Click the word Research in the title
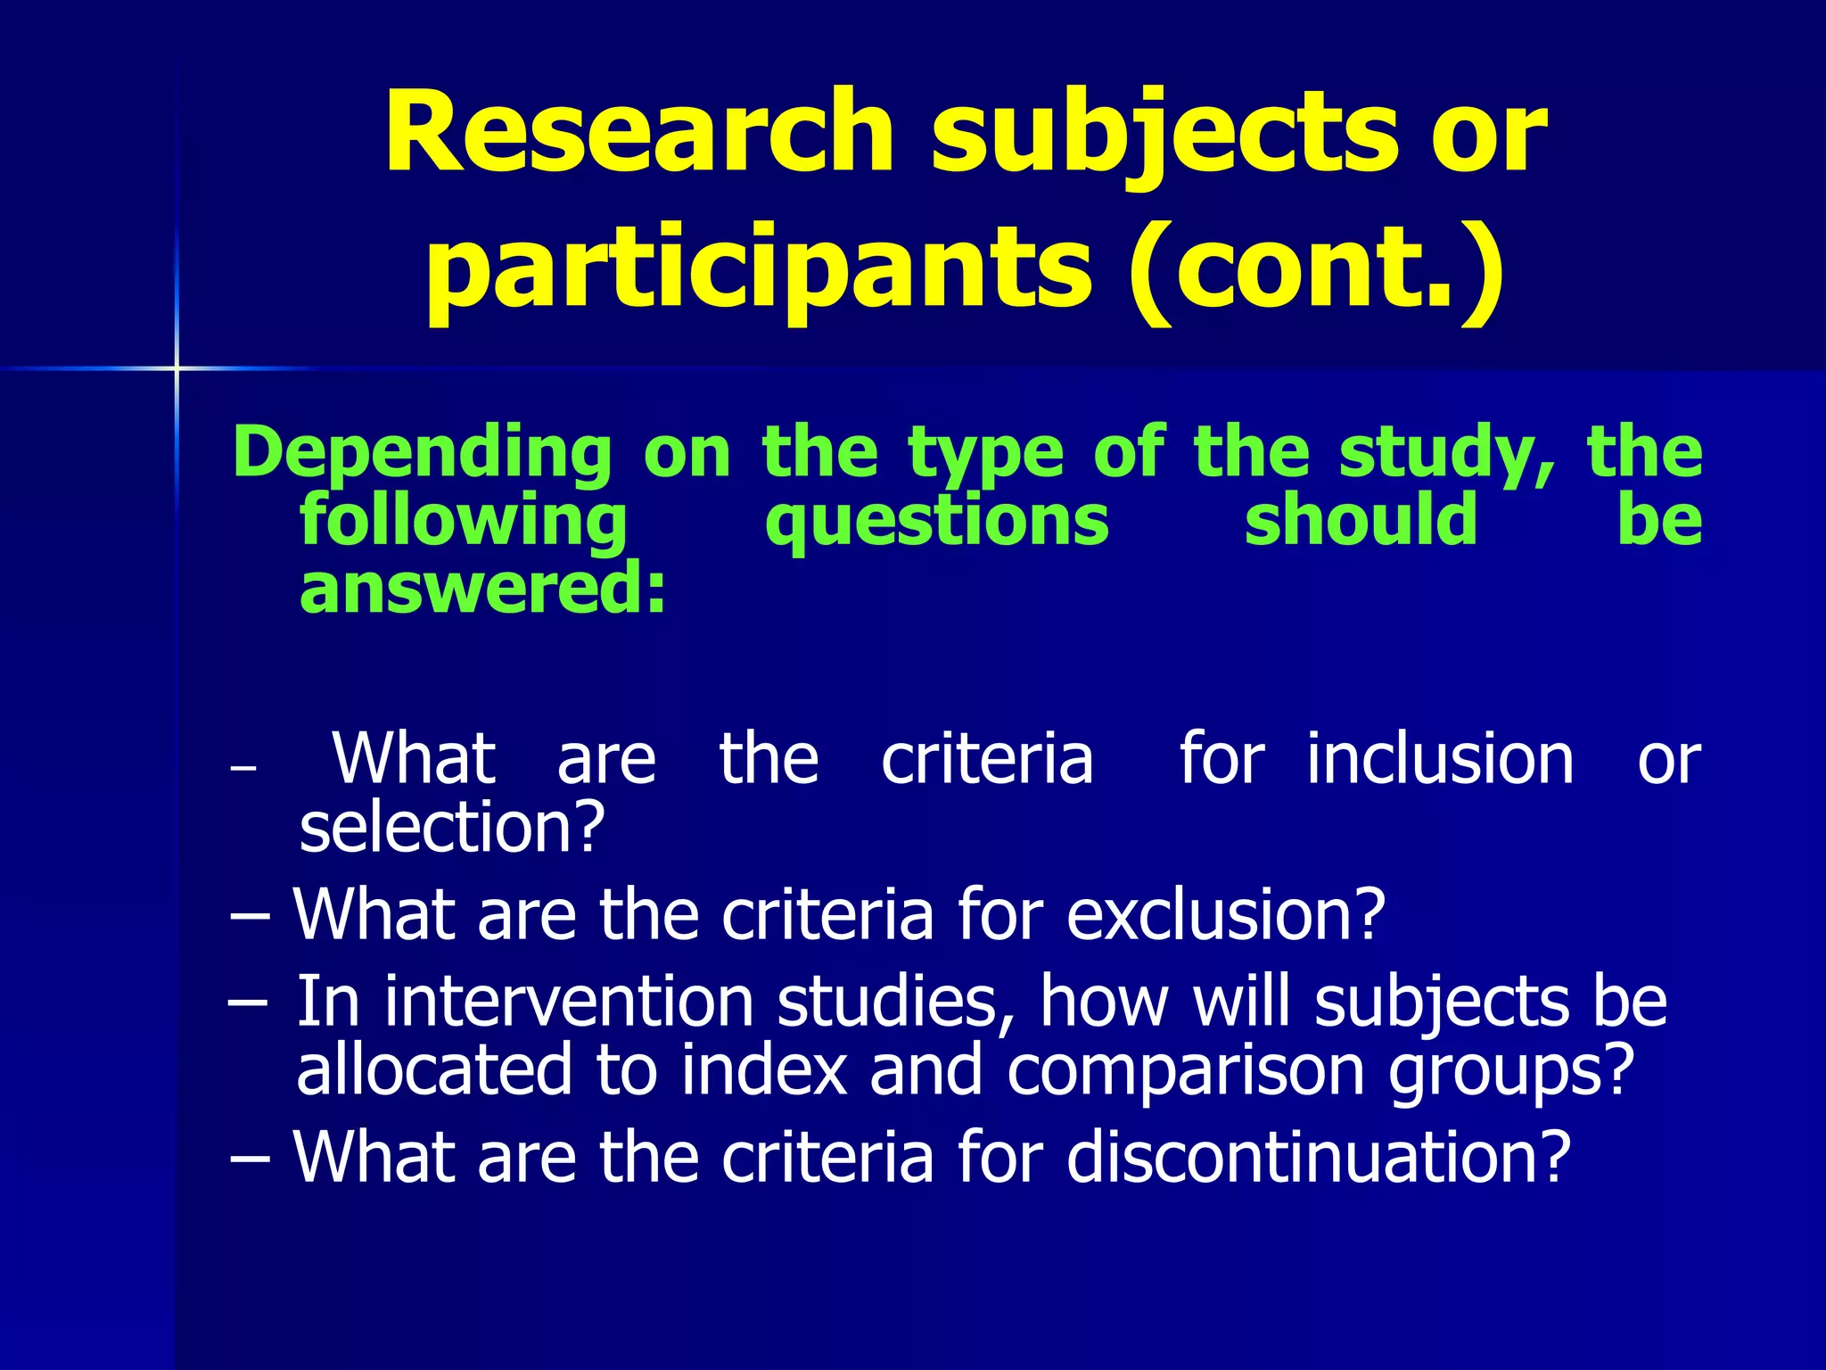[x=638, y=134]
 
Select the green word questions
[x=937, y=522]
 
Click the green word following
[x=464, y=522]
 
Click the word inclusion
[x=1441, y=759]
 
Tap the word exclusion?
[x=1226, y=914]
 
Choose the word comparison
[x=1186, y=1071]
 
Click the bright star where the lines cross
[x=177, y=367]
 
